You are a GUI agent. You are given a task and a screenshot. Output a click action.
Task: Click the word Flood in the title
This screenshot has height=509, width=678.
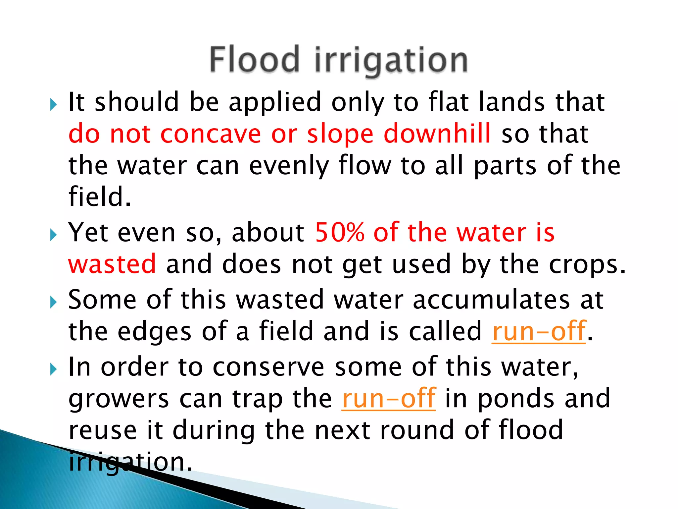[255, 60]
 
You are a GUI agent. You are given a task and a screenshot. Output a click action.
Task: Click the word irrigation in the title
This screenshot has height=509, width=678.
[391, 61]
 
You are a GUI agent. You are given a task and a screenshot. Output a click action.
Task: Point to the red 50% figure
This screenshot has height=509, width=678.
[339, 232]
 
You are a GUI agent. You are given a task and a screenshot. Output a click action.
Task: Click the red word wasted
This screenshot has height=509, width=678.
[112, 264]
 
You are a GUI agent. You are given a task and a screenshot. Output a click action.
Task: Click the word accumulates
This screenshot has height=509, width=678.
[491, 300]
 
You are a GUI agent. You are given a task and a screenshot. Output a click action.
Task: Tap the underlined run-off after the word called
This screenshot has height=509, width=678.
[539, 331]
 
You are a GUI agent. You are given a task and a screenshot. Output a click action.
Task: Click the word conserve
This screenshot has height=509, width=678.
[268, 367]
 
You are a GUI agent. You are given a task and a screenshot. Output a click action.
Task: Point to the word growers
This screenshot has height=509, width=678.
[119, 399]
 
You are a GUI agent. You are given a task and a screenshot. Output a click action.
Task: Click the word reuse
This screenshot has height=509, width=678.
[103, 430]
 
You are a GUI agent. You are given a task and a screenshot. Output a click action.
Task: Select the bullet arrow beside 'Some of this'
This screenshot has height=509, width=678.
[53, 302]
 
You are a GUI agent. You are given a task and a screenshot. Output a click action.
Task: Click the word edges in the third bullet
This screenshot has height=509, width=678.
[155, 332]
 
